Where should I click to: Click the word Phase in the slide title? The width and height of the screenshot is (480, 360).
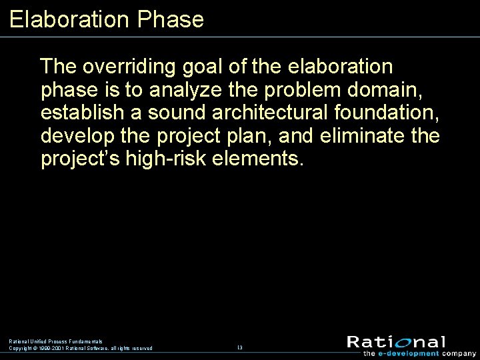[170, 19]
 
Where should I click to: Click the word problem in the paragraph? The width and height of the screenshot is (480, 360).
[299, 91]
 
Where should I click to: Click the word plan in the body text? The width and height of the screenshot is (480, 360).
[251, 137]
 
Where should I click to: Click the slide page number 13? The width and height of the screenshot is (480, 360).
[240, 348]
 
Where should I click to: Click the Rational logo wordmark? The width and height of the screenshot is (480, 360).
[396, 341]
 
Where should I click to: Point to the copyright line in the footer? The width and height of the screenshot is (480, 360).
[80, 348]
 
